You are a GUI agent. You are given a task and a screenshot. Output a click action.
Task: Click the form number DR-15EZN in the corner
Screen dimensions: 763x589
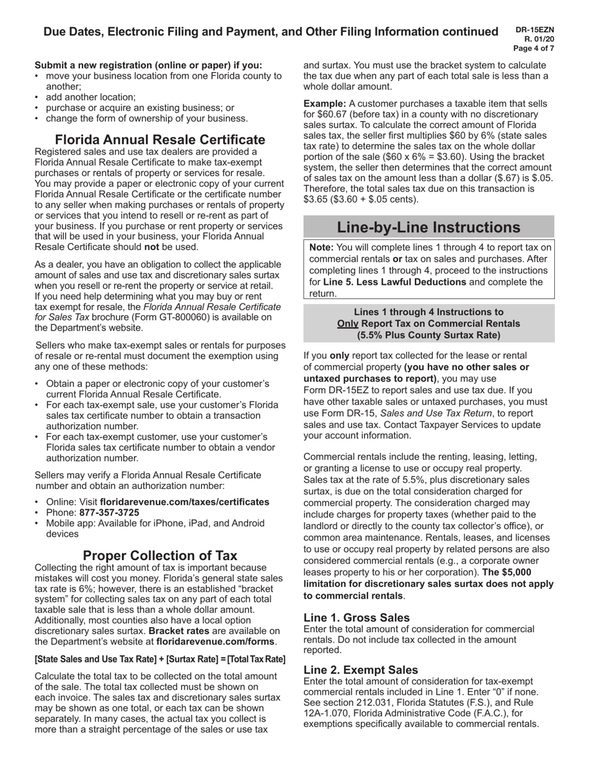click(x=538, y=29)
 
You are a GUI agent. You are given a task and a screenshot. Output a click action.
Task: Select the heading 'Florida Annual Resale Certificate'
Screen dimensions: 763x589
click(x=160, y=140)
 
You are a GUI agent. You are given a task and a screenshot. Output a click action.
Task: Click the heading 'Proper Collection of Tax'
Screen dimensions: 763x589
click(x=160, y=555)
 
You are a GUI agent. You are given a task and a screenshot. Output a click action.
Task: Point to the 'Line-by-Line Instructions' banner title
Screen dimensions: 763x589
click(x=429, y=227)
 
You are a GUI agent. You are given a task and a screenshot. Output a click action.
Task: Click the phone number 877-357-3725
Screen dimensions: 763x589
click(x=109, y=512)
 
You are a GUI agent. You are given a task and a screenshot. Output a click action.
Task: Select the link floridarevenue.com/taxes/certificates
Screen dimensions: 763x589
click(x=184, y=502)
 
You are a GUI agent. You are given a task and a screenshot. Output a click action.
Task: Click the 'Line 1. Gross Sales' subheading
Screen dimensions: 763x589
click(x=356, y=617)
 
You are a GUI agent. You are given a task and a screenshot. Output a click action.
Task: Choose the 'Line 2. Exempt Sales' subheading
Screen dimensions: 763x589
click(x=361, y=670)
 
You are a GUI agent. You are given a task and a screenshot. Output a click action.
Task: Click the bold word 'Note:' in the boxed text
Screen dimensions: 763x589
click(x=322, y=247)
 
